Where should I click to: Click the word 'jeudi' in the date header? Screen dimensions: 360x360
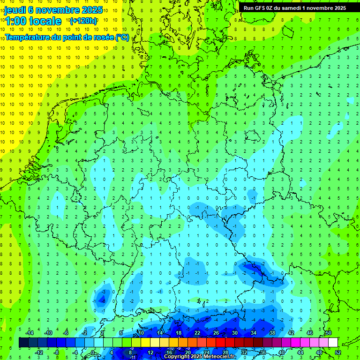click(x=15, y=10)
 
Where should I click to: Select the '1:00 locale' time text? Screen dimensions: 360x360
click(x=33, y=21)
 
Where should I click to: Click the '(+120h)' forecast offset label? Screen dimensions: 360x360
click(x=83, y=21)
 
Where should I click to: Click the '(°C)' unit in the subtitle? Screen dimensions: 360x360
click(x=123, y=37)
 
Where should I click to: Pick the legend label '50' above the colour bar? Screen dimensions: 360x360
click(x=328, y=333)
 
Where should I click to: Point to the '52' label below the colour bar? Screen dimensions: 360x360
click(x=337, y=352)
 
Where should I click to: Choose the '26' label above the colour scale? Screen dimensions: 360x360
click(x=216, y=333)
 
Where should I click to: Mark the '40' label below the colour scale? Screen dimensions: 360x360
click(x=281, y=352)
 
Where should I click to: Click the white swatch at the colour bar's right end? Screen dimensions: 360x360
click(x=333, y=343)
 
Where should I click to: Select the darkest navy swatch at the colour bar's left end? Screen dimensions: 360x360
click(x=23, y=343)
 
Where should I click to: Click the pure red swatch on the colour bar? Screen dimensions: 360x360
click(x=220, y=343)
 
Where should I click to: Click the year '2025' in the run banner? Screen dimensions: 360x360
click(x=337, y=8)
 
